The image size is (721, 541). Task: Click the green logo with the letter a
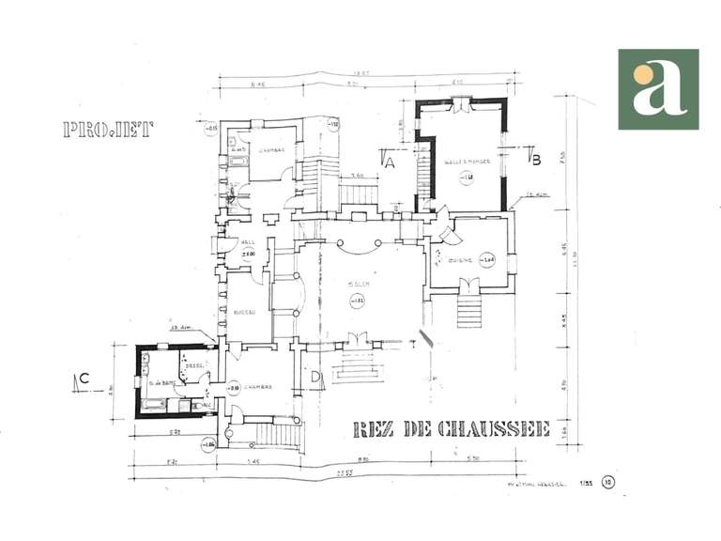pyautogui.click(x=658, y=89)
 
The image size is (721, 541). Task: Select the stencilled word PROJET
pyautogui.click(x=108, y=130)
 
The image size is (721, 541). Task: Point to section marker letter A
pyautogui.click(x=390, y=162)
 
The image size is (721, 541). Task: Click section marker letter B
pyautogui.click(x=536, y=160)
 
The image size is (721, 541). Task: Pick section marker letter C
pyautogui.click(x=84, y=379)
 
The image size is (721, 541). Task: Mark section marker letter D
pyautogui.click(x=316, y=379)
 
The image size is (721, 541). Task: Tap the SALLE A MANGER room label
pyautogui.click(x=461, y=162)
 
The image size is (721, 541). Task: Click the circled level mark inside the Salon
pyautogui.click(x=357, y=301)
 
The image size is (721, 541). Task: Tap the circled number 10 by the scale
pyautogui.click(x=608, y=483)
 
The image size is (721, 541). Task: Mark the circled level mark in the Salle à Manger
pyautogui.click(x=467, y=176)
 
